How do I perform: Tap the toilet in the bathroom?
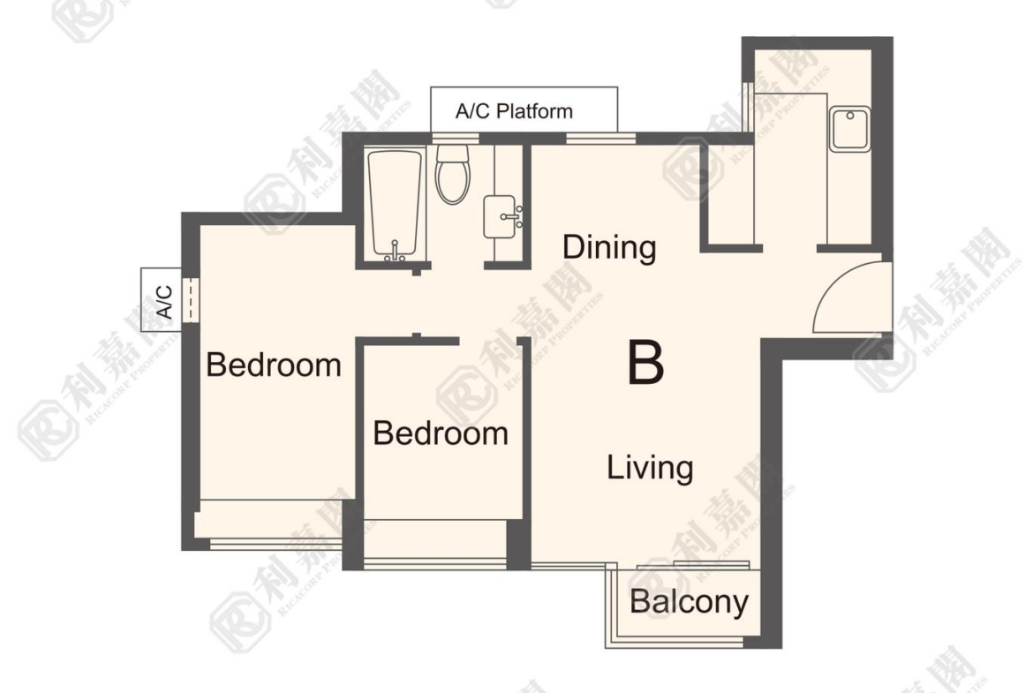[453, 174]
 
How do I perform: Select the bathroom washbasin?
[502, 216]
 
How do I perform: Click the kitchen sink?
[849, 129]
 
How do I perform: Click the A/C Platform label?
[514, 110]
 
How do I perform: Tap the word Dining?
[609, 248]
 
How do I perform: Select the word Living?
[650, 468]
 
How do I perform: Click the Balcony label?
[689, 602]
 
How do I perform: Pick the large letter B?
[645, 362]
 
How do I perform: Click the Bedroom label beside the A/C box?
[274, 365]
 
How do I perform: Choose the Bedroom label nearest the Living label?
[440, 433]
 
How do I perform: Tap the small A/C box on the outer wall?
[161, 301]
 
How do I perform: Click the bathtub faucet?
[395, 252]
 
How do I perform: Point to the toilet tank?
[453, 154]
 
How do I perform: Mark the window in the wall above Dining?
[601, 139]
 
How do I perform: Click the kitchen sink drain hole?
[850, 116]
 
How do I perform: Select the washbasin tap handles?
[514, 216]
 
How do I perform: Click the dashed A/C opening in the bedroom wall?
[190, 300]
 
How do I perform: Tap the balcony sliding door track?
[694, 565]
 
